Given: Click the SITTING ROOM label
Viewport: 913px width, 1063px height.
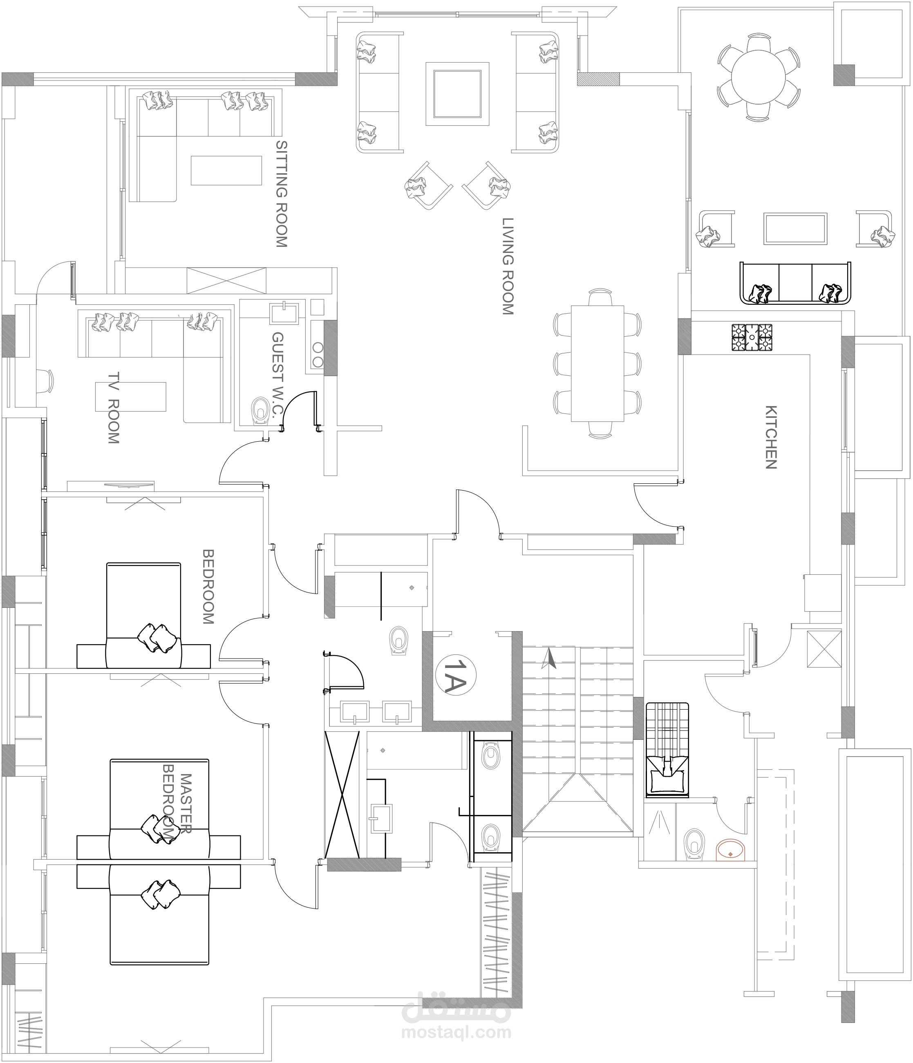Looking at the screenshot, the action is point(281,194).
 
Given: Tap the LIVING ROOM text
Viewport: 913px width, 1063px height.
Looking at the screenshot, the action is point(508,266).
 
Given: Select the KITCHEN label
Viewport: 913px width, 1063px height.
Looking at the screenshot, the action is point(771,437).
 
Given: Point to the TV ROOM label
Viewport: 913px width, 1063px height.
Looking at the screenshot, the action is point(114,407).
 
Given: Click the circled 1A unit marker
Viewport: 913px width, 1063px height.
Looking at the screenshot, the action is point(455,677).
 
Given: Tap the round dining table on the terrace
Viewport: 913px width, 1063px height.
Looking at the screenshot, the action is point(759,76).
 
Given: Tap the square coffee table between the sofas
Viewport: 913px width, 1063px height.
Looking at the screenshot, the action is point(457,94).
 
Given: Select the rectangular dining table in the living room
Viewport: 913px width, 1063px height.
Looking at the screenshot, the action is point(597,363).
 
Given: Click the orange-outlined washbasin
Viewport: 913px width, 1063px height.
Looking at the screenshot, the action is point(731,850).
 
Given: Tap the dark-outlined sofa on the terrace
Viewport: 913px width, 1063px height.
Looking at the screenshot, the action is point(794,283).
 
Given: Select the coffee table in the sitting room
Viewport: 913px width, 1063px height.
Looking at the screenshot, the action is point(227,170).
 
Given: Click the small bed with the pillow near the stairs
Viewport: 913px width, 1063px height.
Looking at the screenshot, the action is point(667,750).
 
